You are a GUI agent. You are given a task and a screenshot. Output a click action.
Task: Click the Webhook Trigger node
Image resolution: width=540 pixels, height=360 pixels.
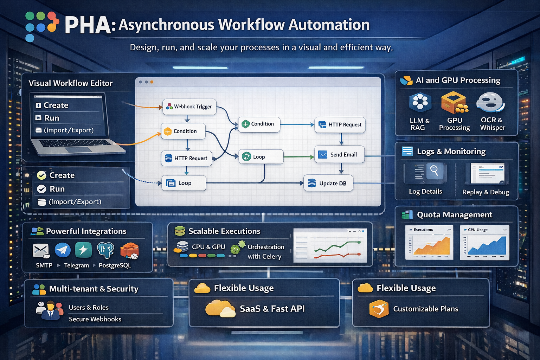tap(189, 107)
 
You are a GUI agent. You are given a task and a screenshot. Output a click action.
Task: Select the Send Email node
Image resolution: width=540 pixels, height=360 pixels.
tap(339, 155)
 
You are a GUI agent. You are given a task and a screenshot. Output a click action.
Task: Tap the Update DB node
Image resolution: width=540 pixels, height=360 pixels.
tap(328, 183)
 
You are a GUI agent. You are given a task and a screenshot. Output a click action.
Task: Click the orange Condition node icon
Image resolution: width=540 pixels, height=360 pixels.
tap(168, 131)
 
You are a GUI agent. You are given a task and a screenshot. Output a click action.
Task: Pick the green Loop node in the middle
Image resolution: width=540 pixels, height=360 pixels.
tap(261, 157)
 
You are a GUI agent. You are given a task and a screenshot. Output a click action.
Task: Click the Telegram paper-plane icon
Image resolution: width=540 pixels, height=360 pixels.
tap(63, 250)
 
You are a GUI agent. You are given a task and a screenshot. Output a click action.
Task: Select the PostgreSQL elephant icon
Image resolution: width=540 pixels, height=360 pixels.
tap(105, 250)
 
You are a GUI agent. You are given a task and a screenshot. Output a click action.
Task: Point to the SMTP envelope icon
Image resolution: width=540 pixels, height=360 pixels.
tap(41, 251)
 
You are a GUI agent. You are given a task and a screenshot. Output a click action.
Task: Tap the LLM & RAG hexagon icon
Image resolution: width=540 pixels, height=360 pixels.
tap(420, 102)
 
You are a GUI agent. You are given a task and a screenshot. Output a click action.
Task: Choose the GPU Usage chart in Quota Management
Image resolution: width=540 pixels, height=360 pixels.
tap(484, 243)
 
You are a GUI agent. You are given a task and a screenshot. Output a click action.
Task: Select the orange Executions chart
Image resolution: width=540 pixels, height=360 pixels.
tap(429, 243)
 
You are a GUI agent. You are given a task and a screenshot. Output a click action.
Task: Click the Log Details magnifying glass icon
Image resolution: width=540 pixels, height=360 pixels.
tap(434, 171)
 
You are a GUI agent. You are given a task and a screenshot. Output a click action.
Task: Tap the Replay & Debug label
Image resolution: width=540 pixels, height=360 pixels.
tap(486, 192)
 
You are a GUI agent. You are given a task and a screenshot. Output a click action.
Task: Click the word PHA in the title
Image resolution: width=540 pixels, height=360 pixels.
tap(88, 25)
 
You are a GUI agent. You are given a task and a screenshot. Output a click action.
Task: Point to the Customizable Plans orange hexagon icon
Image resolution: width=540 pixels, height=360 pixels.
tap(379, 309)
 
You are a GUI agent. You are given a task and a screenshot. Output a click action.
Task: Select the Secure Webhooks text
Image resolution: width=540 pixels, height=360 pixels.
tap(95, 319)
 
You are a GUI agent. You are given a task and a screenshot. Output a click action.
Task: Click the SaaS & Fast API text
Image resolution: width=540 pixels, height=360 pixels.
tap(272, 309)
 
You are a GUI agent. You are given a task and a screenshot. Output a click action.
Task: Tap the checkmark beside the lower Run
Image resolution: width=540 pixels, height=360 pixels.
tap(41, 189)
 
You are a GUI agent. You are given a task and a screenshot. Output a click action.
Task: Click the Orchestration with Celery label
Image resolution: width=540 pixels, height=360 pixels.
tap(265, 252)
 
